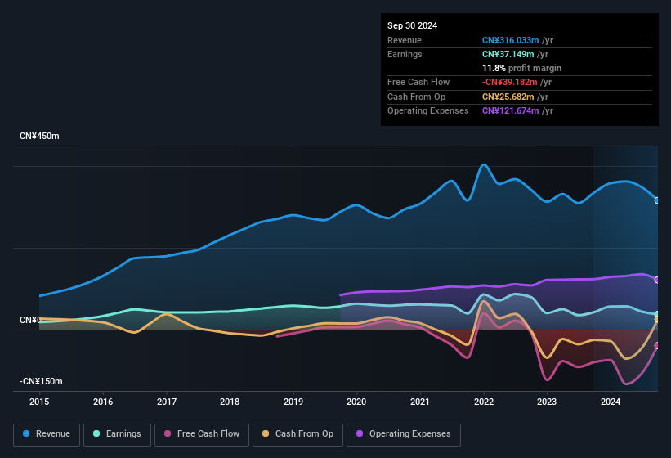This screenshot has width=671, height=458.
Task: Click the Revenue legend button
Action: click(x=47, y=434)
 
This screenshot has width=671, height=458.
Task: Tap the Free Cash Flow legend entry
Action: click(x=202, y=434)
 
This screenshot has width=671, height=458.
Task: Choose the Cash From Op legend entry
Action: click(x=298, y=434)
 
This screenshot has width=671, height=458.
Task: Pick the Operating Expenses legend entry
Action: click(x=404, y=434)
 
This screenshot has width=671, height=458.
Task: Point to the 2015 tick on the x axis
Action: click(x=39, y=402)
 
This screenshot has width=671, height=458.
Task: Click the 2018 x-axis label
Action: click(x=230, y=402)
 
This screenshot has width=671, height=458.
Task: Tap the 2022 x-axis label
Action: click(x=483, y=402)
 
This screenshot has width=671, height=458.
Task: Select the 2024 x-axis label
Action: click(x=610, y=402)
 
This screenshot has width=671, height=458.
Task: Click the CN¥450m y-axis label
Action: click(x=39, y=136)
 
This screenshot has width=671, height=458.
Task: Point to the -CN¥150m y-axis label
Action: click(x=42, y=381)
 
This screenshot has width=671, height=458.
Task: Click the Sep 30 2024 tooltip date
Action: click(x=412, y=25)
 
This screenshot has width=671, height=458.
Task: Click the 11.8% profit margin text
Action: click(x=521, y=68)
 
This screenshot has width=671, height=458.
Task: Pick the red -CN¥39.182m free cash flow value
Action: click(x=511, y=82)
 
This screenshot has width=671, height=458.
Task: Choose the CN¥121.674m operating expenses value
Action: click(x=511, y=110)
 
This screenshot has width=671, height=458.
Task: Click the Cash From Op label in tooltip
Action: click(x=417, y=97)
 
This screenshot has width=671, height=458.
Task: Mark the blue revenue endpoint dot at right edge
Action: click(x=657, y=200)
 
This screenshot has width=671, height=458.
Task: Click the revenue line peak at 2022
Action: click(x=484, y=164)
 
